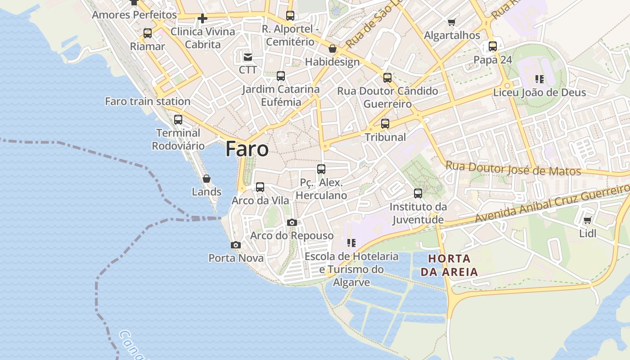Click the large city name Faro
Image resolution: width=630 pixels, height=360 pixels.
(x=247, y=149)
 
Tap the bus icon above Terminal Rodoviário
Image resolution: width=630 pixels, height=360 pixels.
(x=178, y=120)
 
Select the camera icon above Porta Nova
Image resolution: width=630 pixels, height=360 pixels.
(x=235, y=245)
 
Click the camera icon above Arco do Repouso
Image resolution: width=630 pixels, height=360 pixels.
(x=292, y=223)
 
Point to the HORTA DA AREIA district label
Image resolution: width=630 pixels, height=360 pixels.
(x=449, y=265)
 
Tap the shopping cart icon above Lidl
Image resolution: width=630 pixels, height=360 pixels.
(x=587, y=220)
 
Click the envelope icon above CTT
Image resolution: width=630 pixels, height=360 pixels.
(x=248, y=57)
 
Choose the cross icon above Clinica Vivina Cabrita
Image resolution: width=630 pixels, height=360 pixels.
(x=202, y=18)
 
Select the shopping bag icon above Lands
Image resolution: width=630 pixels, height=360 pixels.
(x=207, y=179)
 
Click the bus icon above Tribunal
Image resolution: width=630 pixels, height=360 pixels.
(x=385, y=124)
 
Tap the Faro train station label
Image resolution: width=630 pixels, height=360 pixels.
(x=148, y=101)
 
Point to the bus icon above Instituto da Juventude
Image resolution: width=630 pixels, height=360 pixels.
(x=418, y=193)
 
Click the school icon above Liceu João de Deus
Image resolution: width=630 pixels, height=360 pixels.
(x=540, y=80)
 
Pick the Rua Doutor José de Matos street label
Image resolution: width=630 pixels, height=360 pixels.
(x=513, y=169)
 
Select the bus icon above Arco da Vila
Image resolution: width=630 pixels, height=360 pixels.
(x=260, y=187)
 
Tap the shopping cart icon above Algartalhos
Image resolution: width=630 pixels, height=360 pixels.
(x=452, y=22)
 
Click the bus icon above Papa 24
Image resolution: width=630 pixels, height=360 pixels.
(x=493, y=46)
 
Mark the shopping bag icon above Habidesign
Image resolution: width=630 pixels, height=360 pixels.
(x=333, y=49)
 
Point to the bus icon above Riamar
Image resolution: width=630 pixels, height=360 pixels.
(x=148, y=33)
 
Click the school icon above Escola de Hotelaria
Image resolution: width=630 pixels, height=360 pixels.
(x=351, y=243)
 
